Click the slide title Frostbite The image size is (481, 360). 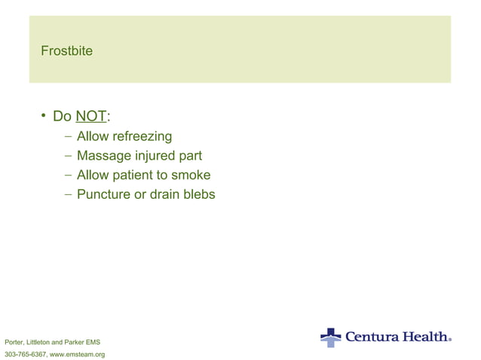(x=68, y=51)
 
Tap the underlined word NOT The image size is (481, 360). (x=91, y=117)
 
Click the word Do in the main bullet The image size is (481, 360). (x=62, y=117)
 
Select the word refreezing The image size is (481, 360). (x=142, y=136)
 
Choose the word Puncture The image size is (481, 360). (x=104, y=194)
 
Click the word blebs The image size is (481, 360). (x=198, y=194)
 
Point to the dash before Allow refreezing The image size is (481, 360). (x=69, y=137)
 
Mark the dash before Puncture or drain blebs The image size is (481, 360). (x=69, y=195)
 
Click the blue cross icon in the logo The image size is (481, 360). (x=330, y=337)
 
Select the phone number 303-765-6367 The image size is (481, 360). (x=25, y=354)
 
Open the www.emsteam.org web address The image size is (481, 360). (x=77, y=354)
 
